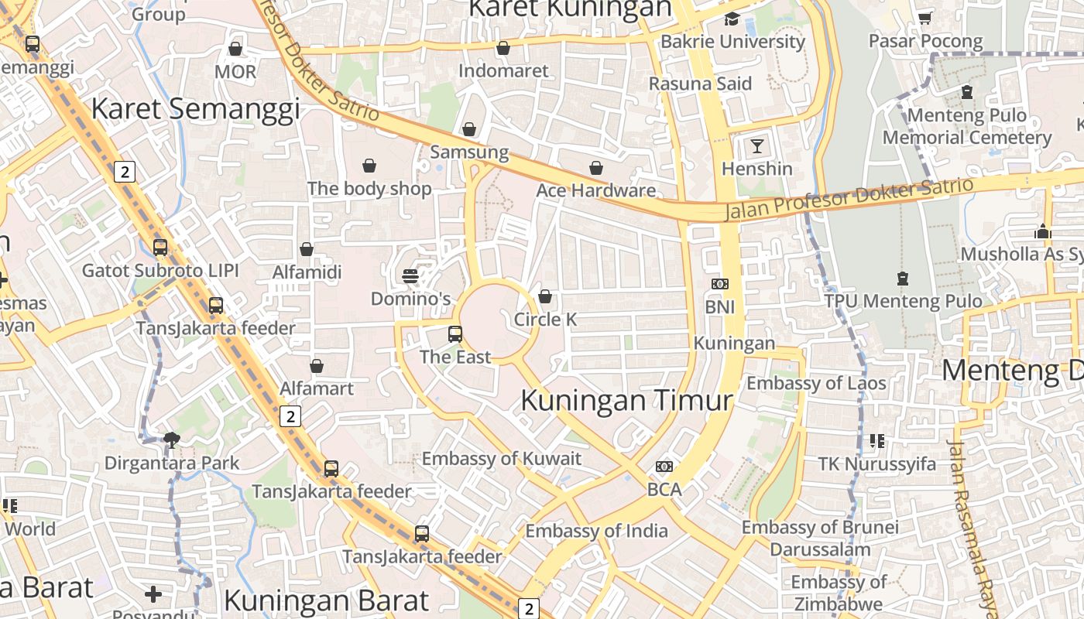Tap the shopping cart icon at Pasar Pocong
pos(924,17)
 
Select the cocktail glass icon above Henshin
pos(756,145)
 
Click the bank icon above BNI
pos(720,284)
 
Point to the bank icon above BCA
pos(664,467)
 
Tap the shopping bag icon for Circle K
pos(545,296)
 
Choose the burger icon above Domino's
pos(410,276)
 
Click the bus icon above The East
pos(455,334)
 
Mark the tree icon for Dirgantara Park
pos(172,440)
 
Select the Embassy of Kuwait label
pos(501,459)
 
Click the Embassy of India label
pos(596,531)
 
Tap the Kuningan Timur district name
pos(626,401)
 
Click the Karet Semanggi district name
pos(196,109)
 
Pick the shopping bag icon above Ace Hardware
pos(596,168)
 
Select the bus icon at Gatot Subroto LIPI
pos(160,248)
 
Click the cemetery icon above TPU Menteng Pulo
pos(902,278)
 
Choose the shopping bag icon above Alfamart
pos(316,366)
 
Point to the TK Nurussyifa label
pos(877,464)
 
